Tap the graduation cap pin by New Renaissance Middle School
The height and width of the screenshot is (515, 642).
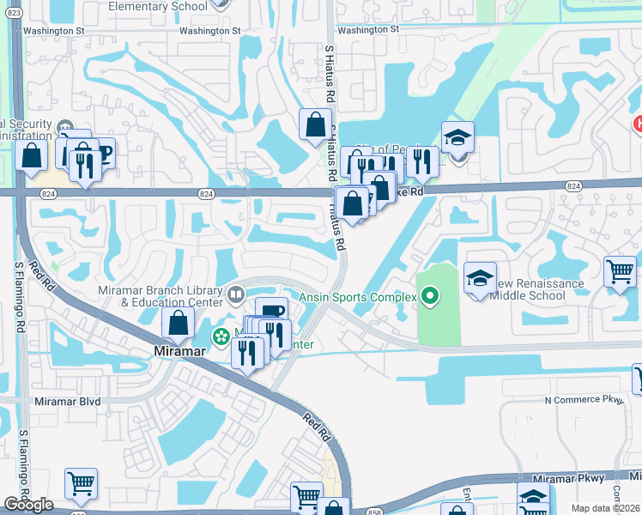(x=480, y=277)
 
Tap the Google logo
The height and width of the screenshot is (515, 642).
(x=28, y=505)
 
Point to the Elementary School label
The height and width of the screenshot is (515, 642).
(x=158, y=6)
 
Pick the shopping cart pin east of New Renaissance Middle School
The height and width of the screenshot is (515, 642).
(x=620, y=271)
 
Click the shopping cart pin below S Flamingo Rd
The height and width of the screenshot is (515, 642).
(x=81, y=483)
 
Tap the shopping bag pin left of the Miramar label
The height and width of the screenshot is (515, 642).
(x=178, y=323)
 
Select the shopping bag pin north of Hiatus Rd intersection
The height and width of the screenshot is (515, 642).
(x=316, y=124)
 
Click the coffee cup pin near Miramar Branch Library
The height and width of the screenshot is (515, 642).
(x=271, y=312)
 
